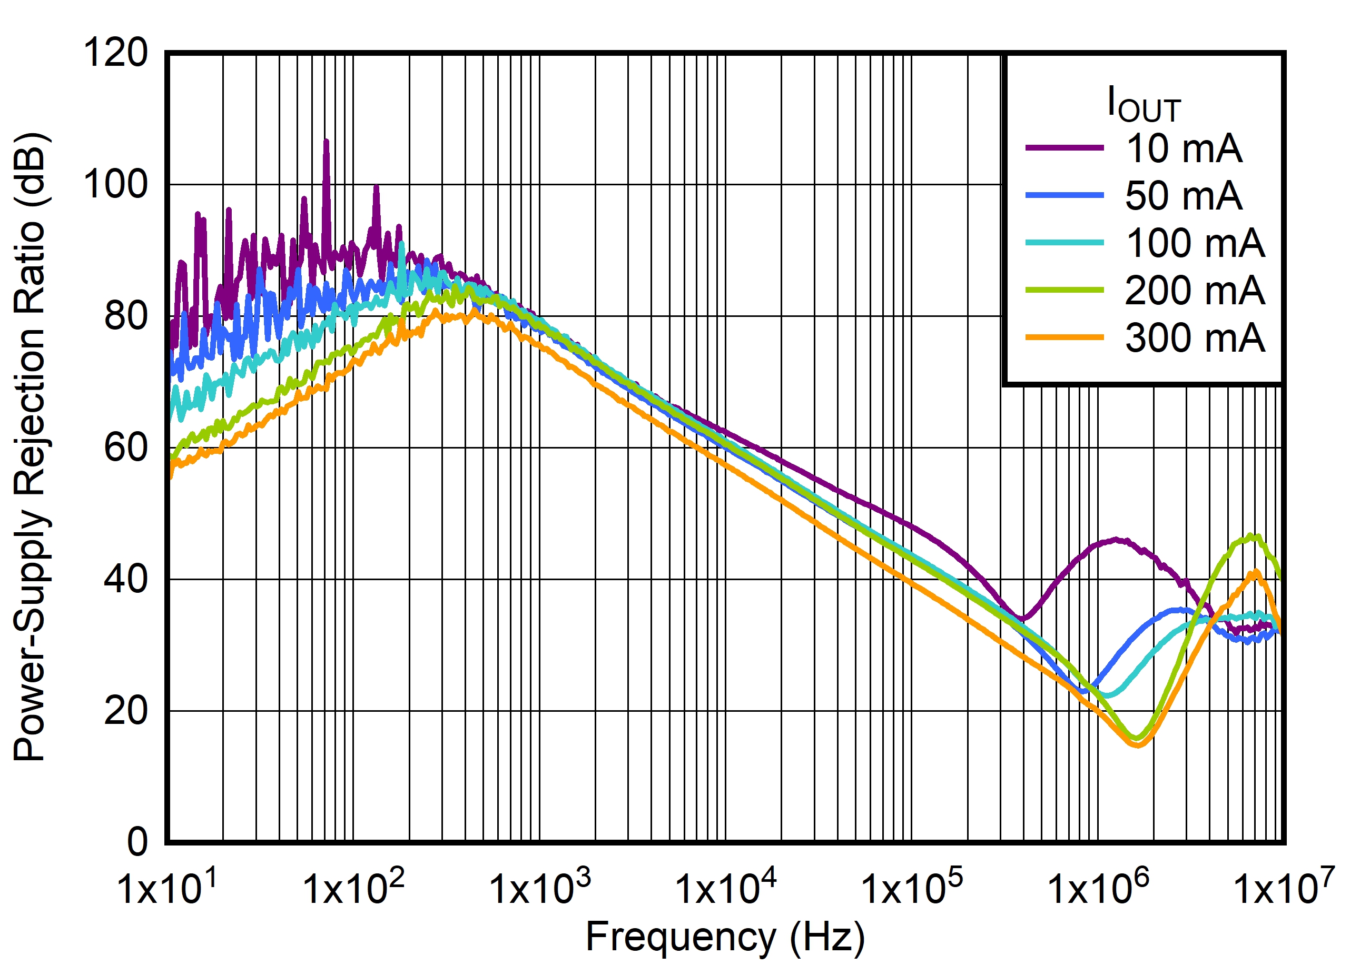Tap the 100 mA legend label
tap(1195, 243)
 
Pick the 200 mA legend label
tap(1195, 291)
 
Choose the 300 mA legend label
tap(1195, 338)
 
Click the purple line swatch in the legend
tap(1065, 148)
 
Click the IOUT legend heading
tap(1143, 105)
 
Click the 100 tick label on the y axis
tap(115, 184)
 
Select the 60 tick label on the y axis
tap(125, 447)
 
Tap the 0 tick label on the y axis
tap(137, 842)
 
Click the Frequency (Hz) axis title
tap(725, 938)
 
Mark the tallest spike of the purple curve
tap(326, 142)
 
